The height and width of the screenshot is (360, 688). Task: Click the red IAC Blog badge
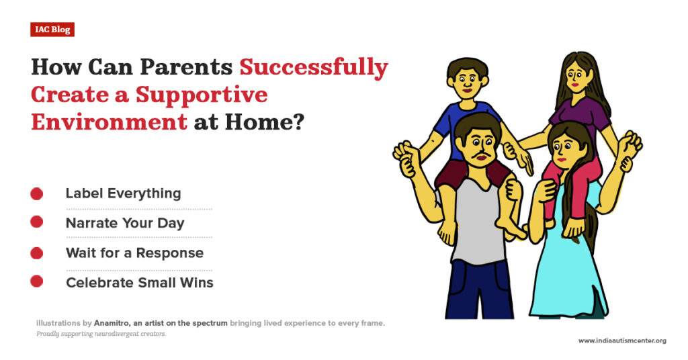pos(52,30)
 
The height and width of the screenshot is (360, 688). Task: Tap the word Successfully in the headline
pos(314,68)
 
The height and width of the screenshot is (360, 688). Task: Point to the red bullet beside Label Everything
pos(37,194)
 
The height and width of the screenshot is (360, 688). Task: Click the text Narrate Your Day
pos(125,223)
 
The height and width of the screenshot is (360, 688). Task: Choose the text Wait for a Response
pos(134,253)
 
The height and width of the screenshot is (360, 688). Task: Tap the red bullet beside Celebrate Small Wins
pos(37,282)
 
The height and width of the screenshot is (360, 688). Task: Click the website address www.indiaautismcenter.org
pos(622,341)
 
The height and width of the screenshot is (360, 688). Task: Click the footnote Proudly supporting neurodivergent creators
pos(101,334)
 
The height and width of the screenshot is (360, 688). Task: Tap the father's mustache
pos(478,159)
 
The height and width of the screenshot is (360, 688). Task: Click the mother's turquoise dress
pos(568,269)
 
